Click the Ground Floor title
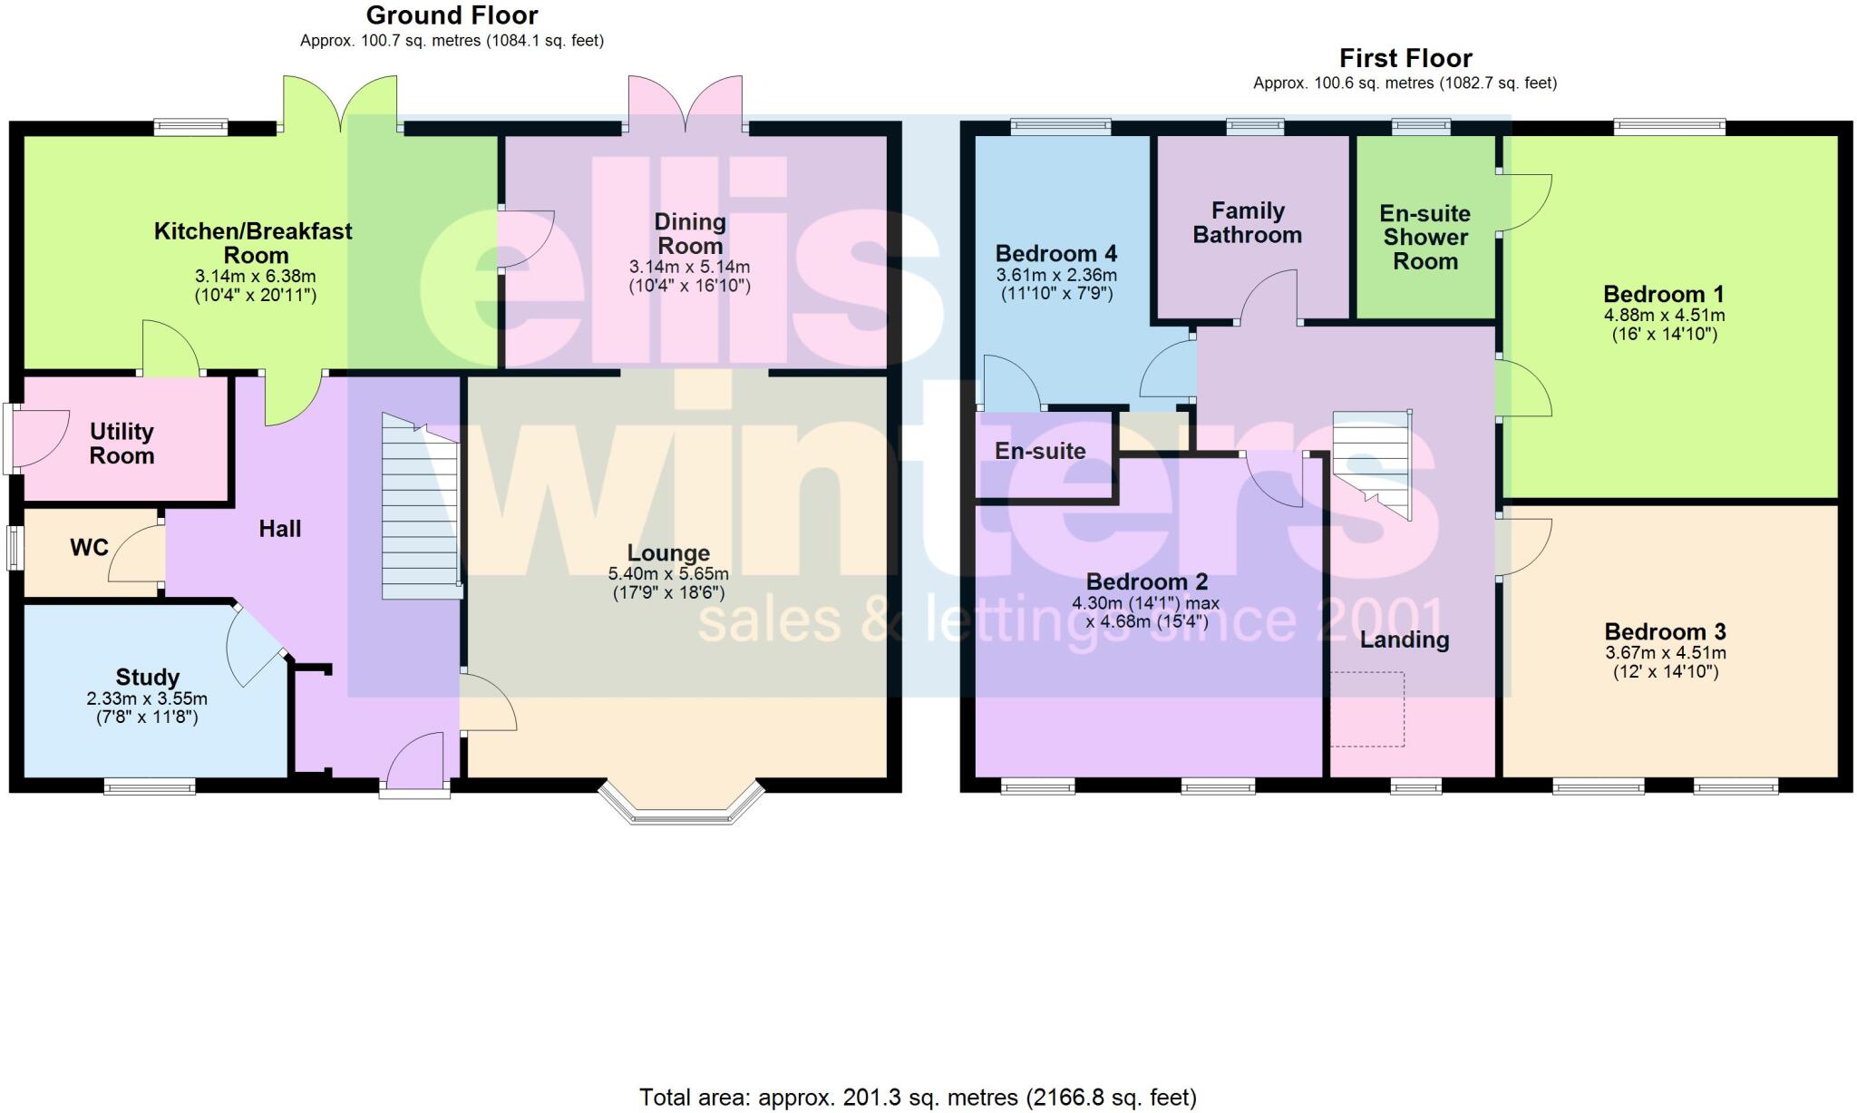coord(452,15)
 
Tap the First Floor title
coord(1405,58)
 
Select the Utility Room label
coord(122,444)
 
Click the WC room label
coord(89,547)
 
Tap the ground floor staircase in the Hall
coord(419,508)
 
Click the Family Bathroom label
coord(1248,223)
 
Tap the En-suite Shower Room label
coord(1424,238)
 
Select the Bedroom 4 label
coord(1055,253)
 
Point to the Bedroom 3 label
coord(1665,631)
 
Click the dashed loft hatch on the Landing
coord(1367,708)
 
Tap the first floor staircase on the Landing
coord(1373,463)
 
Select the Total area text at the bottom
coord(918,1098)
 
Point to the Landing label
coord(1405,640)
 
